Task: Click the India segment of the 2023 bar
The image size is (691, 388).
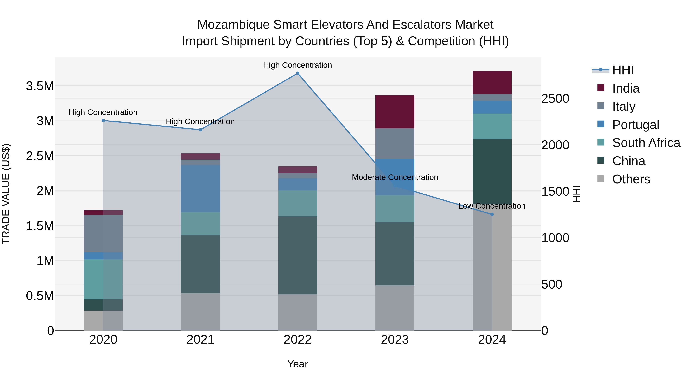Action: click(395, 112)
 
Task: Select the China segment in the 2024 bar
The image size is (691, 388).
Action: click(492, 171)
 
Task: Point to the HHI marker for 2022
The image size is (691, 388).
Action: click(298, 73)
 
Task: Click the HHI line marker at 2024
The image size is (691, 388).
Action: click(492, 214)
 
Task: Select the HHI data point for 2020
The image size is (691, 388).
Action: click(103, 121)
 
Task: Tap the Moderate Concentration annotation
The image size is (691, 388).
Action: click(395, 177)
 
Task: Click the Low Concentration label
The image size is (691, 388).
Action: click(492, 206)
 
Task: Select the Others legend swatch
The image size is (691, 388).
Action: click(601, 179)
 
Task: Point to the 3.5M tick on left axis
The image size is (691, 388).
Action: click(40, 86)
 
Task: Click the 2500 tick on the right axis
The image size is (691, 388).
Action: click(555, 98)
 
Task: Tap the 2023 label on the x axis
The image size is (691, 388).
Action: click(395, 340)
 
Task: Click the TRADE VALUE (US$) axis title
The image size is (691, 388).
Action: click(6, 194)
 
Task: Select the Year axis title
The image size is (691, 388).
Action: click(298, 364)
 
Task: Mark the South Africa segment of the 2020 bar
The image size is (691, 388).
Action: click(103, 279)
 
